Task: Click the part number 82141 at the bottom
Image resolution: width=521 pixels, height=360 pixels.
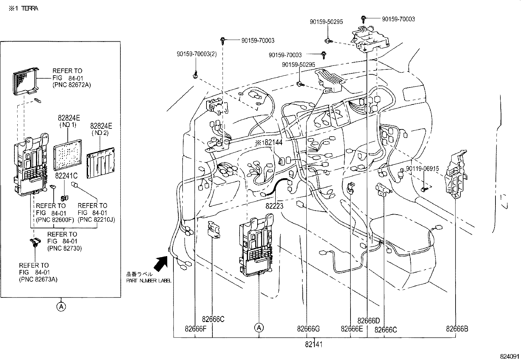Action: point(314,345)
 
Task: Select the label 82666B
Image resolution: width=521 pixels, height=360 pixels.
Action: point(457,329)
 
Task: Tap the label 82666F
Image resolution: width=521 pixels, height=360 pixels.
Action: point(195,329)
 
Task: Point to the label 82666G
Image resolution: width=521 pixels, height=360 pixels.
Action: point(308,329)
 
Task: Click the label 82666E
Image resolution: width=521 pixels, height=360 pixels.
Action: point(351,329)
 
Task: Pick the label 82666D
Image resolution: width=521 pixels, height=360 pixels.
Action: point(368,321)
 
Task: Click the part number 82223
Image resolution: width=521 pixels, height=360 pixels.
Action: point(274,206)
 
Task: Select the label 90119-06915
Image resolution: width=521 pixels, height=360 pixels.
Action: point(422,169)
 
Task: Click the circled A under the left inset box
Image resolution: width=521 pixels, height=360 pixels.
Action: point(61,307)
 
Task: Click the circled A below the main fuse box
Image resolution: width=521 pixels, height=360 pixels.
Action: point(259,327)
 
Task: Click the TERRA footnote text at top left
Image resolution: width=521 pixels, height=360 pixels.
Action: point(24,9)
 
